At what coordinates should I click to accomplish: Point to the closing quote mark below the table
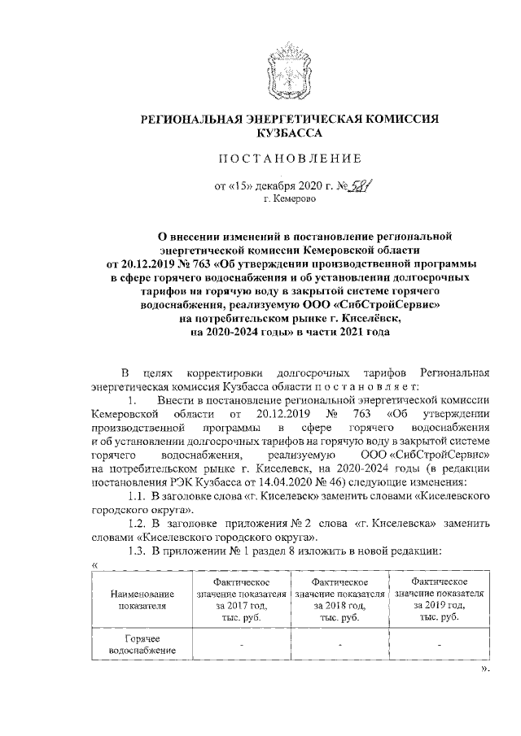pos(485,693)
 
